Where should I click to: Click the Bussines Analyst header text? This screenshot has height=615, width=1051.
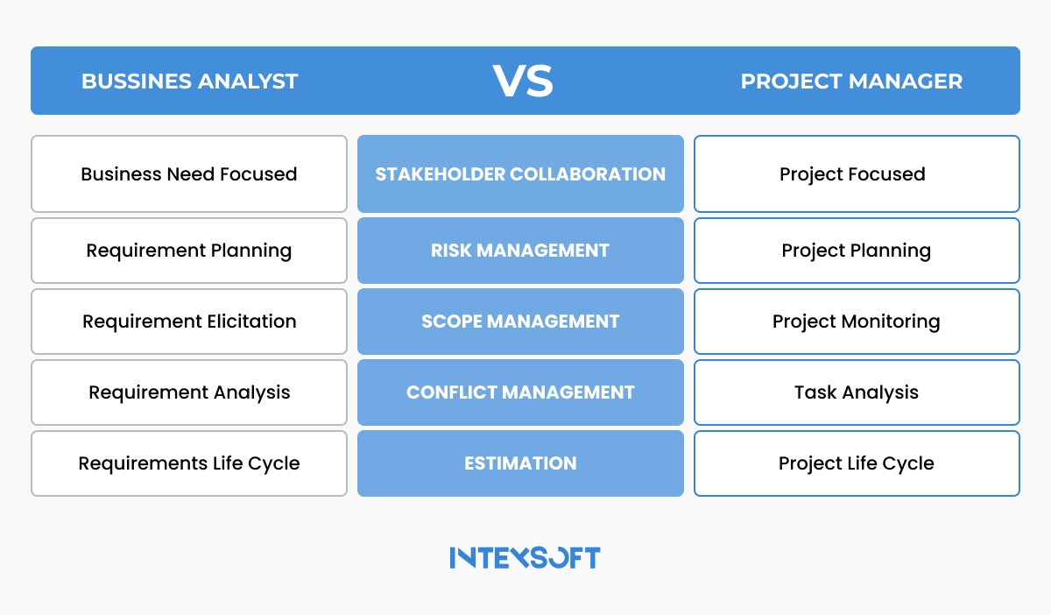[x=189, y=81]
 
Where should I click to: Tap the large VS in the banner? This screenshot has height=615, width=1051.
[x=522, y=81]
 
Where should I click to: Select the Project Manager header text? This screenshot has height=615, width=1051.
[x=851, y=81]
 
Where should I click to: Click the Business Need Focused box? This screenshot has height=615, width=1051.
[x=189, y=173]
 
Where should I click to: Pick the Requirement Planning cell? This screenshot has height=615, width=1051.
[x=189, y=251]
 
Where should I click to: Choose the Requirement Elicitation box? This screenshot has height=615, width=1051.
[x=189, y=322]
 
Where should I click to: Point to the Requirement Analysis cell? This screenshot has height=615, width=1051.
[x=189, y=392]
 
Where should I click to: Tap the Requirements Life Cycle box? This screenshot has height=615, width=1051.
[x=189, y=463]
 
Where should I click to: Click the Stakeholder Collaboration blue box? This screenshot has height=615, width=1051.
[x=520, y=173]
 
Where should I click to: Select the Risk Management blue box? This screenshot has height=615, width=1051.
[x=520, y=251]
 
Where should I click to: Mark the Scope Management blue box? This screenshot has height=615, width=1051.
[x=520, y=322]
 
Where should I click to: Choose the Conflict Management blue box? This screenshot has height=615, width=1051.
[x=520, y=392]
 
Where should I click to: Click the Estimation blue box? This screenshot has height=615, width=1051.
[x=520, y=463]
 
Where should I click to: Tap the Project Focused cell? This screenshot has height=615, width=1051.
[x=856, y=173]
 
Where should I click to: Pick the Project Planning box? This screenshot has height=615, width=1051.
[x=856, y=251]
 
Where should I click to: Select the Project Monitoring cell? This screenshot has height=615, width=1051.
[x=856, y=322]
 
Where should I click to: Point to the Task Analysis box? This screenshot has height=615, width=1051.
[x=856, y=392]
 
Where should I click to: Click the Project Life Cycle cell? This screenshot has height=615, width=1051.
[x=856, y=463]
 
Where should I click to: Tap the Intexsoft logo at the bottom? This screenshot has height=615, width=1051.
[x=525, y=558]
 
